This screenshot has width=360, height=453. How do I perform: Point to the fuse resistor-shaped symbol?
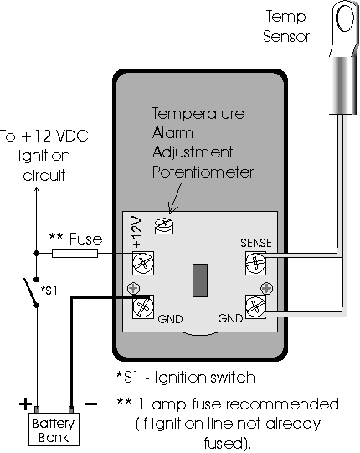[81, 252]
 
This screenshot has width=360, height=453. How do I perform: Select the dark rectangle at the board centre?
[199, 279]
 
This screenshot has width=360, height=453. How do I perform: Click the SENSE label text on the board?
[255, 244]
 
